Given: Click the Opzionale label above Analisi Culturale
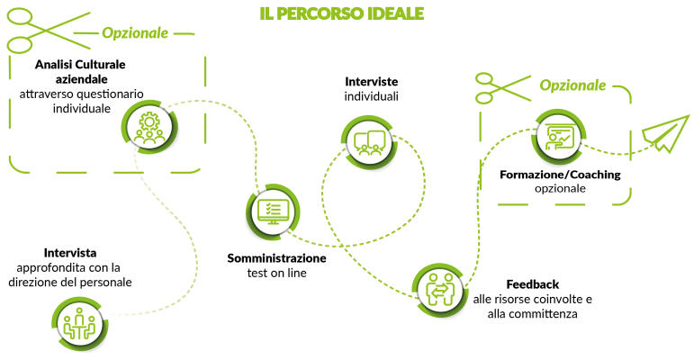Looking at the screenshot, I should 135,33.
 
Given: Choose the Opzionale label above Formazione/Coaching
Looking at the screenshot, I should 572,85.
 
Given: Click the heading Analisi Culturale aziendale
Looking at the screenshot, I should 80,72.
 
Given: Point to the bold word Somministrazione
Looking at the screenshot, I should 276,257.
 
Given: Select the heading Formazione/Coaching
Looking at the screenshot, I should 560,174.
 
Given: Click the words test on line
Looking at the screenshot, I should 277,272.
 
